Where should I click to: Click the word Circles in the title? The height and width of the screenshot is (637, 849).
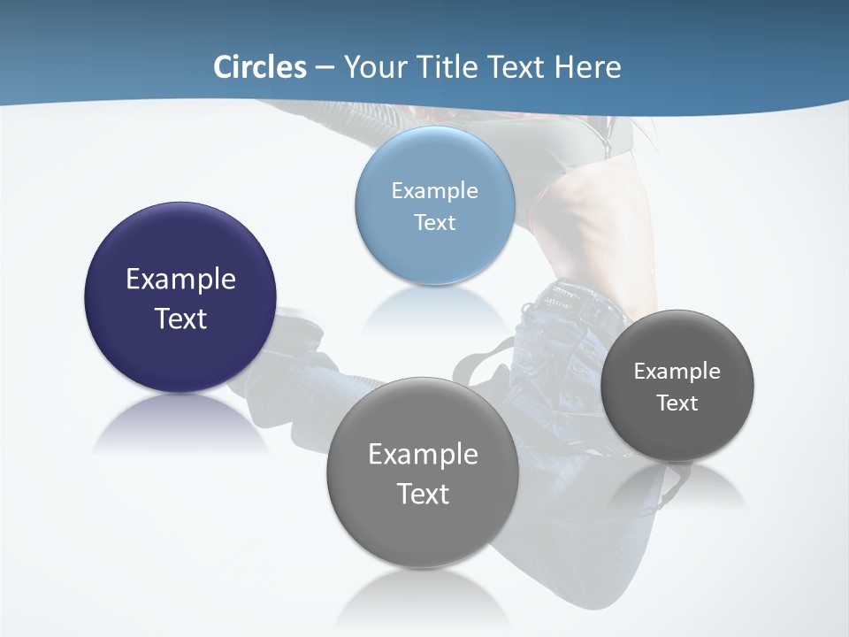[x=260, y=67]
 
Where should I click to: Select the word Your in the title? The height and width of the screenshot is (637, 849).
[x=373, y=67]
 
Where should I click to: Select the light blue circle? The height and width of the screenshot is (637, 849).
[x=434, y=257]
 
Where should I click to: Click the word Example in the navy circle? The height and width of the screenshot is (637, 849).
[x=180, y=280]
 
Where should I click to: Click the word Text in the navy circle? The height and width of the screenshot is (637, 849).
[x=180, y=318]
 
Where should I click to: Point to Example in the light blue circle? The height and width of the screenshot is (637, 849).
[x=434, y=190]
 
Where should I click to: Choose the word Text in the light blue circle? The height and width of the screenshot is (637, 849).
[x=434, y=222]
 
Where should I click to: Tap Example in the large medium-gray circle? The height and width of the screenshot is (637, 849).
[x=423, y=455]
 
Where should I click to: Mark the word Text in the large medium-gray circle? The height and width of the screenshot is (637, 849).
[x=423, y=494]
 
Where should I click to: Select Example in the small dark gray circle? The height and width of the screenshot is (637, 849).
[x=677, y=371]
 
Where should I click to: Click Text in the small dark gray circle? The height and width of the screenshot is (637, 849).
[x=677, y=403]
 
